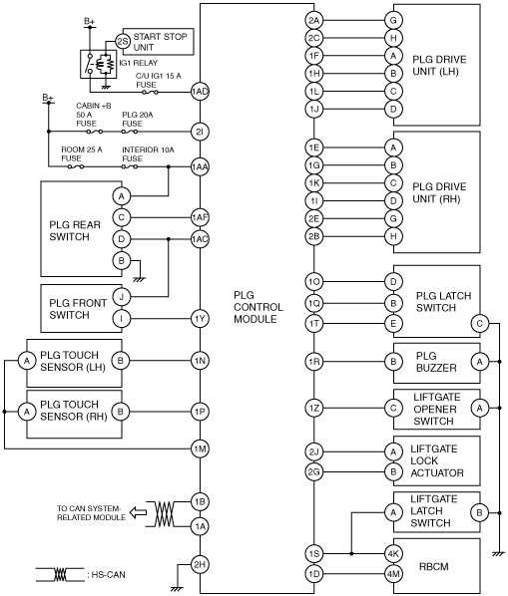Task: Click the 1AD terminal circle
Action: click(x=200, y=92)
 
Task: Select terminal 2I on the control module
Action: click(x=200, y=132)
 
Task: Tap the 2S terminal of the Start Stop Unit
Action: click(x=123, y=42)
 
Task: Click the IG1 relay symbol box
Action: click(x=98, y=64)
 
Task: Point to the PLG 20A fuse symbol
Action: click(x=130, y=132)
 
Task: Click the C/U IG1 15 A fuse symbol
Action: click(x=150, y=92)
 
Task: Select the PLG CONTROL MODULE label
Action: click(x=258, y=307)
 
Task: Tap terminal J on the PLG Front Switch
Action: click(x=122, y=296)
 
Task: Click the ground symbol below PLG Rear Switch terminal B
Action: click(x=140, y=279)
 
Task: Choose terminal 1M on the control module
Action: click(x=200, y=448)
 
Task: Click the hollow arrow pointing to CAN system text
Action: click(x=138, y=512)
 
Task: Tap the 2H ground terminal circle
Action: click(x=200, y=564)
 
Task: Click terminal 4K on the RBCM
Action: click(x=393, y=554)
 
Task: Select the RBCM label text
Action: click(x=434, y=567)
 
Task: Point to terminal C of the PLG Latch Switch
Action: click(x=479, y=324)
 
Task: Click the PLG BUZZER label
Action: click(x=436, y=362)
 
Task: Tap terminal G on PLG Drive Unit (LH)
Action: click(x=393, y=20)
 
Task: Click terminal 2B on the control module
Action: click(x=314, y=236)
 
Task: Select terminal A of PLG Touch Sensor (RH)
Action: click(x=27, y=412)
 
